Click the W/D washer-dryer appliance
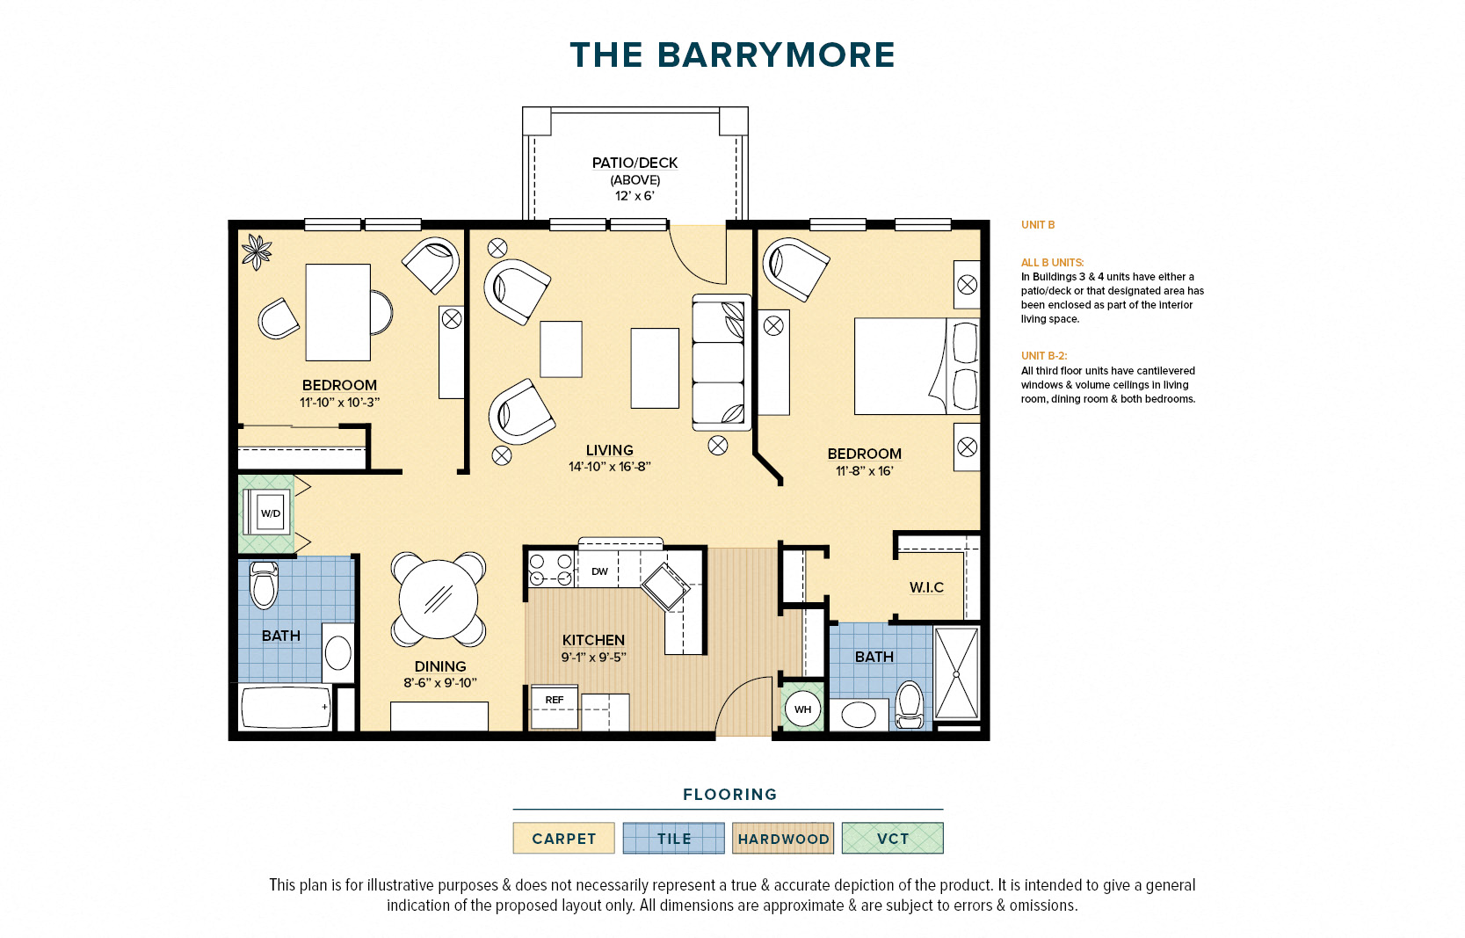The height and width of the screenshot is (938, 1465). [x=267, y=513]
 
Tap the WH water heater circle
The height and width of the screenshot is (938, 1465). [x=802, y=709]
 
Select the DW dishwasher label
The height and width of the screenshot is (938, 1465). [x=599, y=571]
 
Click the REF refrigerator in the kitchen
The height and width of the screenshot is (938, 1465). [x=554, y=707]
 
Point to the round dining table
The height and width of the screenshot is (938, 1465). [x=439, y=600]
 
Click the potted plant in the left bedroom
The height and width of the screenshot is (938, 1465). [x=257, y=251]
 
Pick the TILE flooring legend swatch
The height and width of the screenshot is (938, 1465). [x=674, y=838]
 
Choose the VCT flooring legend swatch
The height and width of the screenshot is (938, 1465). [x=893, y=838]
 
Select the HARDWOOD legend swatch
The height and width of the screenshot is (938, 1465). [x=783, y=838]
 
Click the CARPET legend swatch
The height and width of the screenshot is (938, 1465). [x=563, y=838]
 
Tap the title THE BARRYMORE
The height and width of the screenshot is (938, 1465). [x=733, y=55]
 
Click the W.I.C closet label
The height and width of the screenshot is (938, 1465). [x=927, y=586]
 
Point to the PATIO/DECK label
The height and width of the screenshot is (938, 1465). [x=635, y=163]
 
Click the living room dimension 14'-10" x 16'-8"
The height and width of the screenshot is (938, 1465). [x=610, y=467]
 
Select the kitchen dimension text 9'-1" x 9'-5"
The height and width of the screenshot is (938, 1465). [x=594, y=657]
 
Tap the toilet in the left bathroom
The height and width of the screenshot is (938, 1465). [x=265, y=584]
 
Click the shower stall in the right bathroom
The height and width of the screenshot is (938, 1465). [x=956, y=673]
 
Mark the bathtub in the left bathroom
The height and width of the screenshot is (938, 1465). [x=286, y=707]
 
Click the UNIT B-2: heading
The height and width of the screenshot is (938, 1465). [x=1044, y=356]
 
